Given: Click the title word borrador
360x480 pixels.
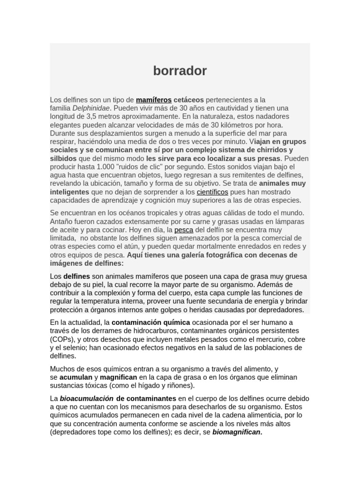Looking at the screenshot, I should pyautogui.click(x=180, y=71).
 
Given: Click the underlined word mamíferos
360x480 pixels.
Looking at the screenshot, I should pyautogui.click(x=153, y=100).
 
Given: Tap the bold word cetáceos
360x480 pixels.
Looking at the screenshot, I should pyautogui.click(x=189, y=100).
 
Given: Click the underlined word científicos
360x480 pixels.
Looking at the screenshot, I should pyautogui.click(x=212, y=192).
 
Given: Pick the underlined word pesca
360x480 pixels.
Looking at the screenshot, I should pyautogui.click(x=183, y=230).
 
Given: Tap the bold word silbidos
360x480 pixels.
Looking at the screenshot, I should pyautogui.click(x=63, y=158).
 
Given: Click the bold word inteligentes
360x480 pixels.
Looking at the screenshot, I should pyautogui.click(x=69, y=192).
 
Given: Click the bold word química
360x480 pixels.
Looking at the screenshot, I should pyautogui.click(x=174, y=322).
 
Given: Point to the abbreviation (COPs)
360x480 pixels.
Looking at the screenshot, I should pyautogui.click(x=62, y=339).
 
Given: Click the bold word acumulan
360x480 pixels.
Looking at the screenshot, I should pyautogui.click(x=76, y=377).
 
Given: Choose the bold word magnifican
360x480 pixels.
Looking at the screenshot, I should pyautogui.click(x=118, y=377).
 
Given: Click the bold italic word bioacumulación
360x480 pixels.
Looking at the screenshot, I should pyautogui.click(x=86, y=398).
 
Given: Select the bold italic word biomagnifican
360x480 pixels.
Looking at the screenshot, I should pyautogui.click(x=237, y=432).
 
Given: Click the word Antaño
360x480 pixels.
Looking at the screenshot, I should pyautogui.click(x=61, y=222).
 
